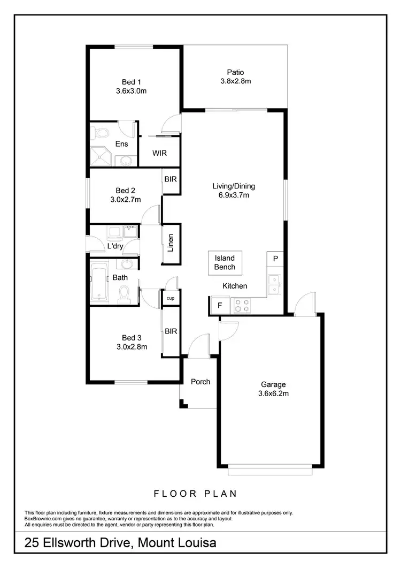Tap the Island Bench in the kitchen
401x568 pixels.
pyautogui.click(x=225, y=263)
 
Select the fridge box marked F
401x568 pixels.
pyautogui.click(x=219, y=306)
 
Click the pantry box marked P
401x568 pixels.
pyautogui.click(x=275, y=259)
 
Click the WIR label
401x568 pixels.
pyautogui.click(x=159, y=153)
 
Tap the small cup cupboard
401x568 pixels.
pyautogui.click(x=171, y=298)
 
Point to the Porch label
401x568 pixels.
pyautogui.click(x=200, y=382)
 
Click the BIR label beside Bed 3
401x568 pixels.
pyautogui.click(x=171, y=331)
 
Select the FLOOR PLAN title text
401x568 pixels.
pyautogui.click(x=195, y=494)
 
